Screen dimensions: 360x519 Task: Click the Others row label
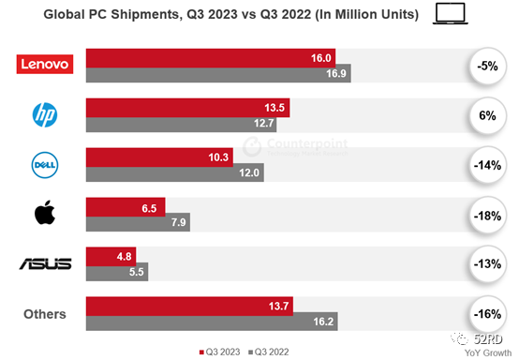[x=45, y=314]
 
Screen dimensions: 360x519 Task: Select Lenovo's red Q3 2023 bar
[x=211, y=56]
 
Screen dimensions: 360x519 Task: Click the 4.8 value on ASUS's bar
[x=124, y=255]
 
